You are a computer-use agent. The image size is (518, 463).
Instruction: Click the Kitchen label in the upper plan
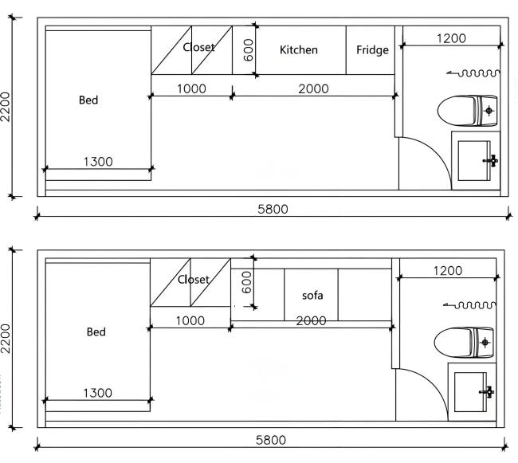coord(299,50)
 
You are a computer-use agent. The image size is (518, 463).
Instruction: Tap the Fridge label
coord(372,50)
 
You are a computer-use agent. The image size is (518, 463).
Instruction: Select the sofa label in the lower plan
coord(312,295)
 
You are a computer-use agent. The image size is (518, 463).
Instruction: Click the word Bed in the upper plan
coord(88,100)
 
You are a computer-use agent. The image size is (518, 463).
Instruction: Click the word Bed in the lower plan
coord(96,332)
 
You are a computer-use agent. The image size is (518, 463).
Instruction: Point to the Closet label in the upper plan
coord(198,48)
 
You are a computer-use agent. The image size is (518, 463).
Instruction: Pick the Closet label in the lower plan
coord(194,280)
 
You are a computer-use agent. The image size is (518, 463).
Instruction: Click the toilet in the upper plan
coord(467,110)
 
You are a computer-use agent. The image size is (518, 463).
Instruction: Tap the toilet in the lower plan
coord(464,342)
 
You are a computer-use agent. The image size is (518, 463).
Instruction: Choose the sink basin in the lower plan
coord(472,391)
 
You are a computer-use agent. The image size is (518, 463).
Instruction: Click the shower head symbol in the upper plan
coord(473,73)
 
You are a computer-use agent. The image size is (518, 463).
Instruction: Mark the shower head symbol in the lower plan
coord(472,304)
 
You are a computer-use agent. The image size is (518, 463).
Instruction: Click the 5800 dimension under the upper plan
coord(273,209)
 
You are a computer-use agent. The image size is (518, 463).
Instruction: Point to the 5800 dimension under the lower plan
coord(269,440)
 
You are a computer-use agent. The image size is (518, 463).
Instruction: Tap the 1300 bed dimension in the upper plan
coord(98,162)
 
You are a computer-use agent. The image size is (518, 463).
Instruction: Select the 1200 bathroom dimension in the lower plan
coord(447,271)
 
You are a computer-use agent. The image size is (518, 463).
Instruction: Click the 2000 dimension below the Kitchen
coord(313,89)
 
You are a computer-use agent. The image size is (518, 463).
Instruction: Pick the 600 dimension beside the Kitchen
coord(248,51)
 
